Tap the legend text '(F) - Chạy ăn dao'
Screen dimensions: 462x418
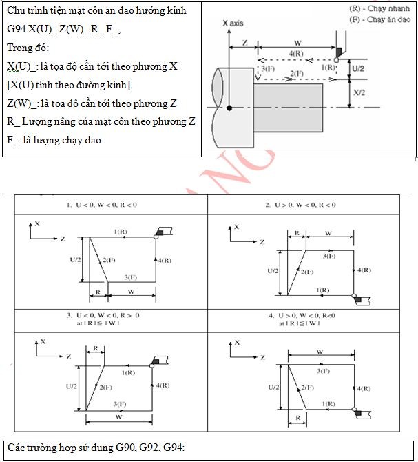379,19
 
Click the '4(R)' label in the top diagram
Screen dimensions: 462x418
297,53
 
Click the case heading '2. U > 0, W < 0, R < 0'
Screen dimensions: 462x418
301,205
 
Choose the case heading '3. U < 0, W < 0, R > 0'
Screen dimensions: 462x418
103,314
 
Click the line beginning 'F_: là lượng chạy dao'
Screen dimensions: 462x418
54,140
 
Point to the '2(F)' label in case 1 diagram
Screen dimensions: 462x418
109,259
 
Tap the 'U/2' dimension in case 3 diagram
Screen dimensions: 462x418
72,386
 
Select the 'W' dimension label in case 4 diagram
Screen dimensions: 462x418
320,352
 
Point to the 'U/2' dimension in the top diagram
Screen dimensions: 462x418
359,69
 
